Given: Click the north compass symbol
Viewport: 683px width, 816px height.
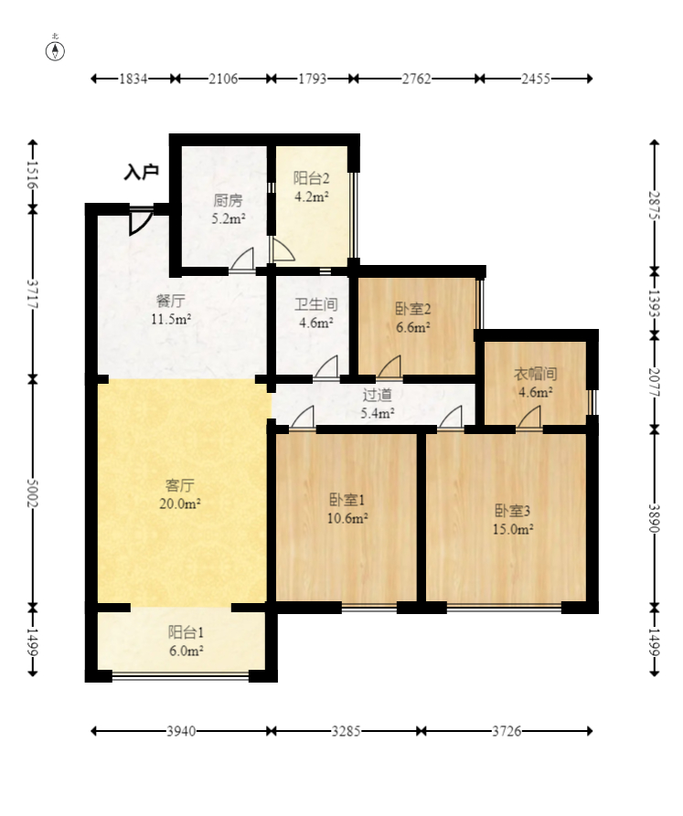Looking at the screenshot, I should tap(57, 49).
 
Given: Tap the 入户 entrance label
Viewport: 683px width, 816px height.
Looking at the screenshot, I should tap(142, 172).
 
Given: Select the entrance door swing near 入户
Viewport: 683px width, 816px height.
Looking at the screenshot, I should tap(141, 222).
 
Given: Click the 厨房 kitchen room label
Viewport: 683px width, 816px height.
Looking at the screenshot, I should tap(229, 201).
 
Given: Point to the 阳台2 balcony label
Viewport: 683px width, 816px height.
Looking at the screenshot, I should tap(311, 178).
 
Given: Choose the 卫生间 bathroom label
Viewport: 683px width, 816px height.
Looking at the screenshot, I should tap(316, 305).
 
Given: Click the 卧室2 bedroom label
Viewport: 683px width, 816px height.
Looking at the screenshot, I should tap(412, 309).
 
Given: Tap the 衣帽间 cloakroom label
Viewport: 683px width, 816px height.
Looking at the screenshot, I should tap(535, 374).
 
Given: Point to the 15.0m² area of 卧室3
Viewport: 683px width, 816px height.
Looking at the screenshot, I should tap(514, 527).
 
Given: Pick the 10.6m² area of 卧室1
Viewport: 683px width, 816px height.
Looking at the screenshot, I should tap(348, 518).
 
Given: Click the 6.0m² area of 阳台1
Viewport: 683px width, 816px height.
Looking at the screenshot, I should tap(186, 650).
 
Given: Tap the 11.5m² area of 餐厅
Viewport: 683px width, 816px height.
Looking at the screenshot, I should tap(171, 319).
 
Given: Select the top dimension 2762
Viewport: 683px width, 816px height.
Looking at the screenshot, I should tap(416, 79).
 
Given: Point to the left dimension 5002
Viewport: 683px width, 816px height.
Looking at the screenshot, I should tap(34, 493).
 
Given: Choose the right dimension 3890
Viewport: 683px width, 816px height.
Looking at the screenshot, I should tap(654, 517).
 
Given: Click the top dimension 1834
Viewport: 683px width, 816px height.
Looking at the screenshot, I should tap(133, 79).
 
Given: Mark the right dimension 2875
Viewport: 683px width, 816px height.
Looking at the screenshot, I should tap(654, 207).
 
